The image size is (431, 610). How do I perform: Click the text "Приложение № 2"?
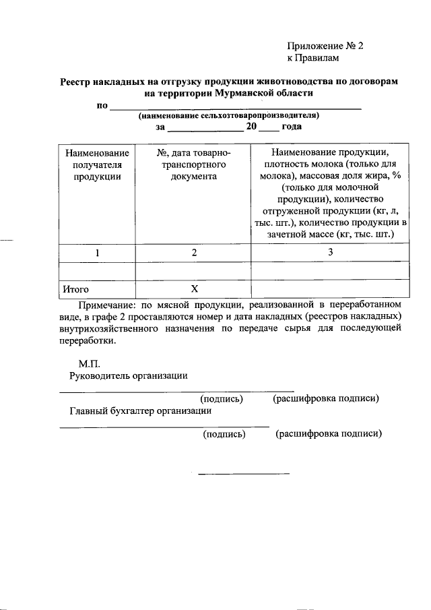point(325,47)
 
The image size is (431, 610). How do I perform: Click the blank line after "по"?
point(236,107)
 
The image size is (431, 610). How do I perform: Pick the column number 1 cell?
point(97,253)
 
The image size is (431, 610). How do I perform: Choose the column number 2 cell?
point(193,253)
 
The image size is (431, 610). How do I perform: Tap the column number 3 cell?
point(330,253)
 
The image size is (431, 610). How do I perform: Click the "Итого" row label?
point(76,289)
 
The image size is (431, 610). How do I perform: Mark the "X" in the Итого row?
point(193,289)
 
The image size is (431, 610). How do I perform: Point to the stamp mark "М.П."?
point(90,363)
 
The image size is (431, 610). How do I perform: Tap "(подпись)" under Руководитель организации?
point(222,398)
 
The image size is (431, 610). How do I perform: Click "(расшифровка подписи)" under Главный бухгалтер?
point(329,434)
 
